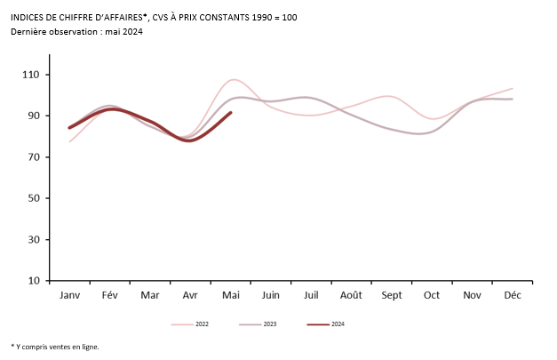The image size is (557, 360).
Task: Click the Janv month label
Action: tap(70, 294)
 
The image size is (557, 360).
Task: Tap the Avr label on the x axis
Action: tap(190, 294)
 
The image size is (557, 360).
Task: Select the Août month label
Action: tap(351, 294)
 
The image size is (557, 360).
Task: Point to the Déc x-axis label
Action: tap(513, 294)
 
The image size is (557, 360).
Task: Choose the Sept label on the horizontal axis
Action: tap(392, 294)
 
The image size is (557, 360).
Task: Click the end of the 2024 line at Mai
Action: tap(231, 113)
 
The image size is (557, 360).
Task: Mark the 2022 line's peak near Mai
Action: tap(232, 80)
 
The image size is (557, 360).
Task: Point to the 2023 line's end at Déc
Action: tap(513, 99)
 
